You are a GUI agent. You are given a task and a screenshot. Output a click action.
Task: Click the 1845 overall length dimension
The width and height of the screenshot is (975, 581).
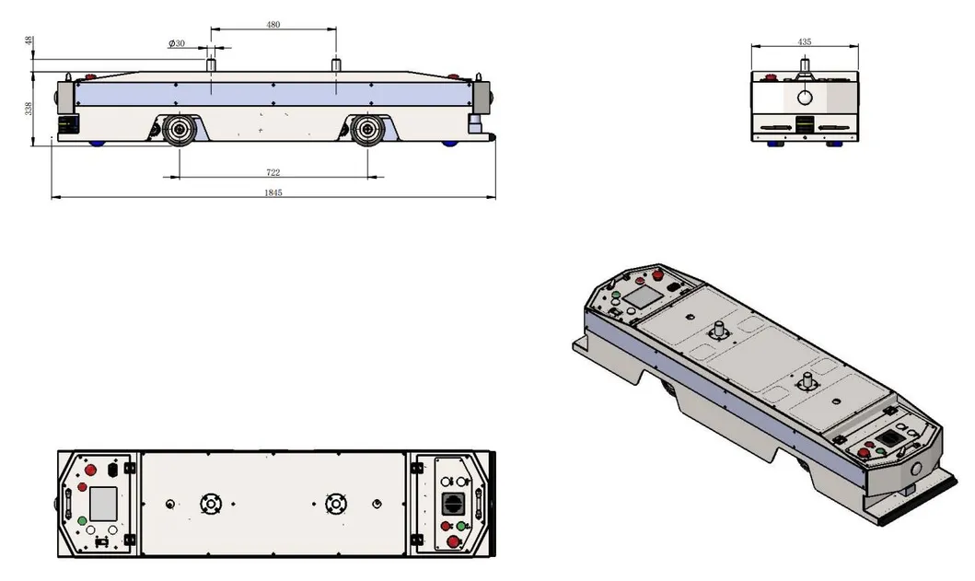pyautogui.click(x=273, y=192)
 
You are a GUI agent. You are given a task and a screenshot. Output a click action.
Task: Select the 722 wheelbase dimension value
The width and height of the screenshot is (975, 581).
pyautogui.click(x=273, y=172)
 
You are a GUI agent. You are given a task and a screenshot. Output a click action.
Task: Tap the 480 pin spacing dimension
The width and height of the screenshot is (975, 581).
pyautogui.click(x=273, y=25)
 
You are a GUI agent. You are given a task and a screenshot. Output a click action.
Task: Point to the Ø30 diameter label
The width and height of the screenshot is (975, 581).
pyautogui.click(x=176, y=43)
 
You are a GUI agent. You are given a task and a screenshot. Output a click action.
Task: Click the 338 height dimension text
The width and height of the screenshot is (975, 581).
pyautogui.click(x=29, y=109)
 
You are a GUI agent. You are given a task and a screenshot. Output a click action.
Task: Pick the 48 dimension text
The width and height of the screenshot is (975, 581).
pyautogui.click(x=29, y=41)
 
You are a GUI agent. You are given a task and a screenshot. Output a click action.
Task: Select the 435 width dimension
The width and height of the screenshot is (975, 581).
pyautogui.click(x=805, y=42)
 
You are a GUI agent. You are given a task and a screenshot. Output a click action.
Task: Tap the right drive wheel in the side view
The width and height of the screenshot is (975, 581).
pyautogui.click(x=367, y=130)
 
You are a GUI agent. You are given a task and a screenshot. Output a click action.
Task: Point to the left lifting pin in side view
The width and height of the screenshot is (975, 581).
pyautogui.click(x=211, y=65)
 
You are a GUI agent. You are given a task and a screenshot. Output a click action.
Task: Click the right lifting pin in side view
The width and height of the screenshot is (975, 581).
pyautogui.click(x=336, y=65)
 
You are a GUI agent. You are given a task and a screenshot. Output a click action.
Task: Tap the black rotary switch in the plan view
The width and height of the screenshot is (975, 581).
pyautogui.click(x=453, y=504)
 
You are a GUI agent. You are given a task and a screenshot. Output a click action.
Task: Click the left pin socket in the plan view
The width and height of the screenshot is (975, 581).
pyautogui.click(x=210, y=504)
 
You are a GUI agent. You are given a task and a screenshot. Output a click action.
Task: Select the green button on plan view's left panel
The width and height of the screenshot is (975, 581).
pyautogui.click(x=84, y=521)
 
